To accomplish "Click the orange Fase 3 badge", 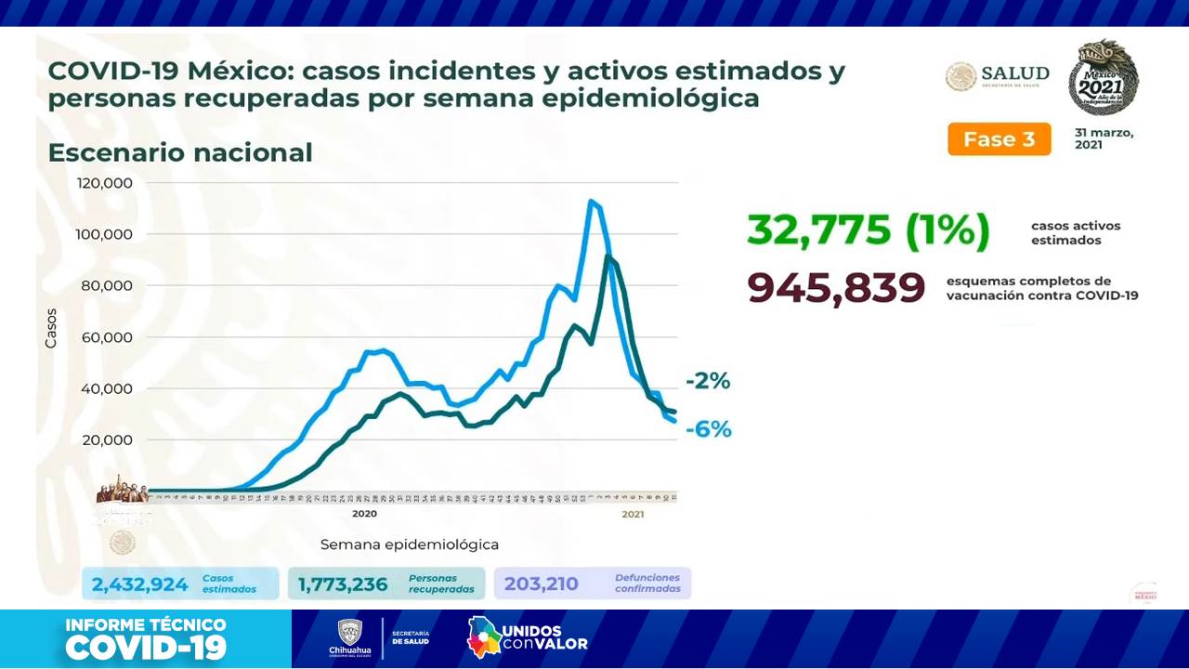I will click(999, 139).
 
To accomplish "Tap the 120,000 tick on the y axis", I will click(105, 183).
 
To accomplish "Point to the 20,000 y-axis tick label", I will click(108, 440).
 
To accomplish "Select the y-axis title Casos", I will click(51, 329).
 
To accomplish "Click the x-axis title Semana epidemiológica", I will click(410, 544).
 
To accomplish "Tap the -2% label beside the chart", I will click(708, 381).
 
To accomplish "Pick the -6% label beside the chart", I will click(709, 429).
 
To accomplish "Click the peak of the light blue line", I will click(590, 201).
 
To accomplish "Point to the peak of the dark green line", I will click(608, 256).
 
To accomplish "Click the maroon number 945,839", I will click(836, 288).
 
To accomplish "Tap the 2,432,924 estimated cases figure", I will click(139, 584).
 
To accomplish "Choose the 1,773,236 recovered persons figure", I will click(343, 584).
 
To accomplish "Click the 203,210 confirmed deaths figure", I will click(542, 584).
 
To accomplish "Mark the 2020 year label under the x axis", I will click(364, 514).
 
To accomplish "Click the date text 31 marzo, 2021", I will click(1104, 138).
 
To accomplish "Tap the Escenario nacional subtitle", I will click(179, 152).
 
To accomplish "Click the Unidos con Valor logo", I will click(527, 637).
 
